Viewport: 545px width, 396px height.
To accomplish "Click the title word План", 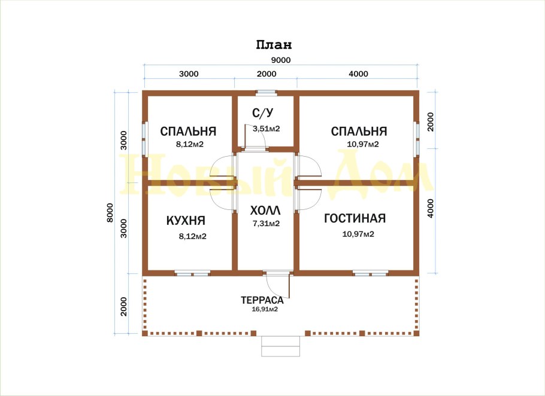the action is click(274, 45).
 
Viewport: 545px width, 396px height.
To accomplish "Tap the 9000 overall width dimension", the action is click(281, 60).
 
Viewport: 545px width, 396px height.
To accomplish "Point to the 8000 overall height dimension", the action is click(110, 212).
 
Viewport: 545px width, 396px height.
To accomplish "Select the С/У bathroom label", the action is click(263, 112).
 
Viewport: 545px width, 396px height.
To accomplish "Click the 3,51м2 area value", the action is click(267, 129).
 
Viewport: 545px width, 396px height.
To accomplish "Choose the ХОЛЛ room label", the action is click(265, 211).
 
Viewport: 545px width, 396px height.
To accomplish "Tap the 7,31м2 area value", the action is click(267, 224).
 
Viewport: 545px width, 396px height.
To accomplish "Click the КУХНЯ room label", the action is click(186, 220).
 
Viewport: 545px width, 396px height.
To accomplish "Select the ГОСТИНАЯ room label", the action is click(355, 218).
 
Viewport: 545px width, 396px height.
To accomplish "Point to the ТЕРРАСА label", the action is click(262, 300).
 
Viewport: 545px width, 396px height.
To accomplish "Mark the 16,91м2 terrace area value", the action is click(265, 309).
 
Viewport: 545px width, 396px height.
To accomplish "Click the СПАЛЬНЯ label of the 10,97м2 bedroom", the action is click(359, 131).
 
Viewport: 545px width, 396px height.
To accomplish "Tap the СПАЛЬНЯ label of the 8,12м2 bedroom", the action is click(188, 131).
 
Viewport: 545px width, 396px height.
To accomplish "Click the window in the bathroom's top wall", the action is click(267, 93).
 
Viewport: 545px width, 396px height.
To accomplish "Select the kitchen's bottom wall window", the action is click(192, 273).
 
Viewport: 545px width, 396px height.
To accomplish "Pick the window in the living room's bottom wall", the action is click(371, 273).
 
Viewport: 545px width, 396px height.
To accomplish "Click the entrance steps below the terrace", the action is click(280, 346).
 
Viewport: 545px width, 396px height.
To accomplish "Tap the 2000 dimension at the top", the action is click(267, 74).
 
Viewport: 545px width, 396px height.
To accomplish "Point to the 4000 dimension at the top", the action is click(358, 74).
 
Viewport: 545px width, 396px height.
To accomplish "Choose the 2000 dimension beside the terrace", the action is click(124, 306).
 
